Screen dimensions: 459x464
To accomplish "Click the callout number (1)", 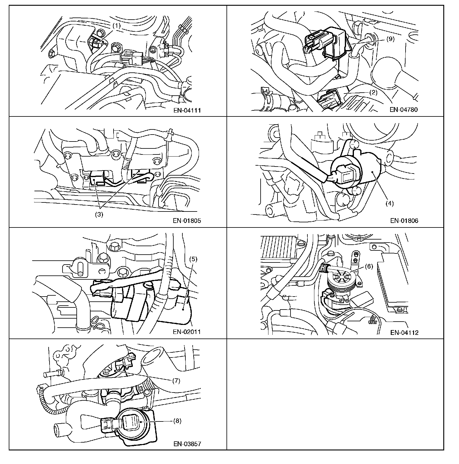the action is [117, 26].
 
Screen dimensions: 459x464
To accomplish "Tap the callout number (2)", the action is [374, 92].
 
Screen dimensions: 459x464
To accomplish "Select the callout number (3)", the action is [99, 215].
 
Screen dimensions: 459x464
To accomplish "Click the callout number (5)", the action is [193, 259].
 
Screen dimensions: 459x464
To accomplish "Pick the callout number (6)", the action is [369, 266].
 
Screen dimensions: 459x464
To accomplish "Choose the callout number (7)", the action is [176, 380].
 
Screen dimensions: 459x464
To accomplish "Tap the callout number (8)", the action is [177, 421].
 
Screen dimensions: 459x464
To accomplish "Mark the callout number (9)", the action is [390, 39].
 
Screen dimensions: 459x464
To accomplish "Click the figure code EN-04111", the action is [187, 110].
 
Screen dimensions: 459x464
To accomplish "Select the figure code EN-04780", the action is [404, 110].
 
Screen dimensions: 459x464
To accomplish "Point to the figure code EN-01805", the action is [187, 221].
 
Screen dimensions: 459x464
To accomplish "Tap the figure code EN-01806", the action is [404, 221].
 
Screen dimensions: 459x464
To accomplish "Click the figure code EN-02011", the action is [187, 332].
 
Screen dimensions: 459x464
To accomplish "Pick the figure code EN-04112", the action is [404, 333].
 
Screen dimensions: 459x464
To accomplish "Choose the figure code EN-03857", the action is [187, 444].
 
